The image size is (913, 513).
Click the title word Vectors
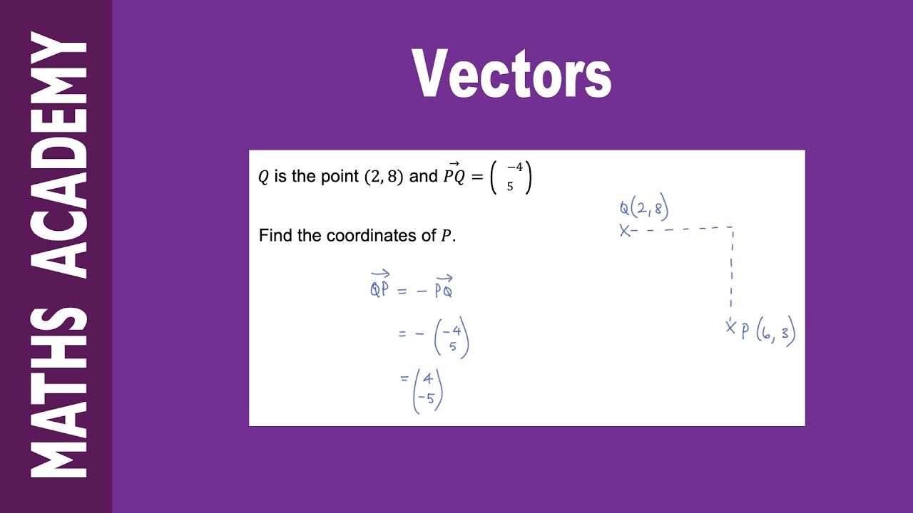[512, 74]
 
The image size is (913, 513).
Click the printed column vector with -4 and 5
[511, 177]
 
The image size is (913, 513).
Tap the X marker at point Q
[625, 230]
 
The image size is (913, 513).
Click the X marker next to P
[730, 327]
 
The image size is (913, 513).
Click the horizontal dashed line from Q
[681, 229]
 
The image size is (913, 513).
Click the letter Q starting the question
[263, 177]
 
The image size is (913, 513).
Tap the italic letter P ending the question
[447, 236]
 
